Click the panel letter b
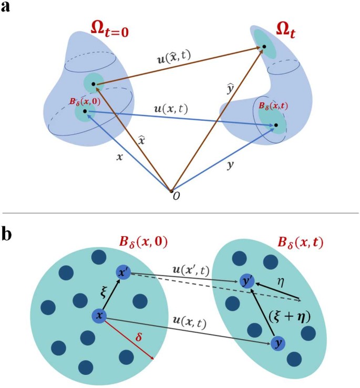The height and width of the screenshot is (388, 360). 8,233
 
